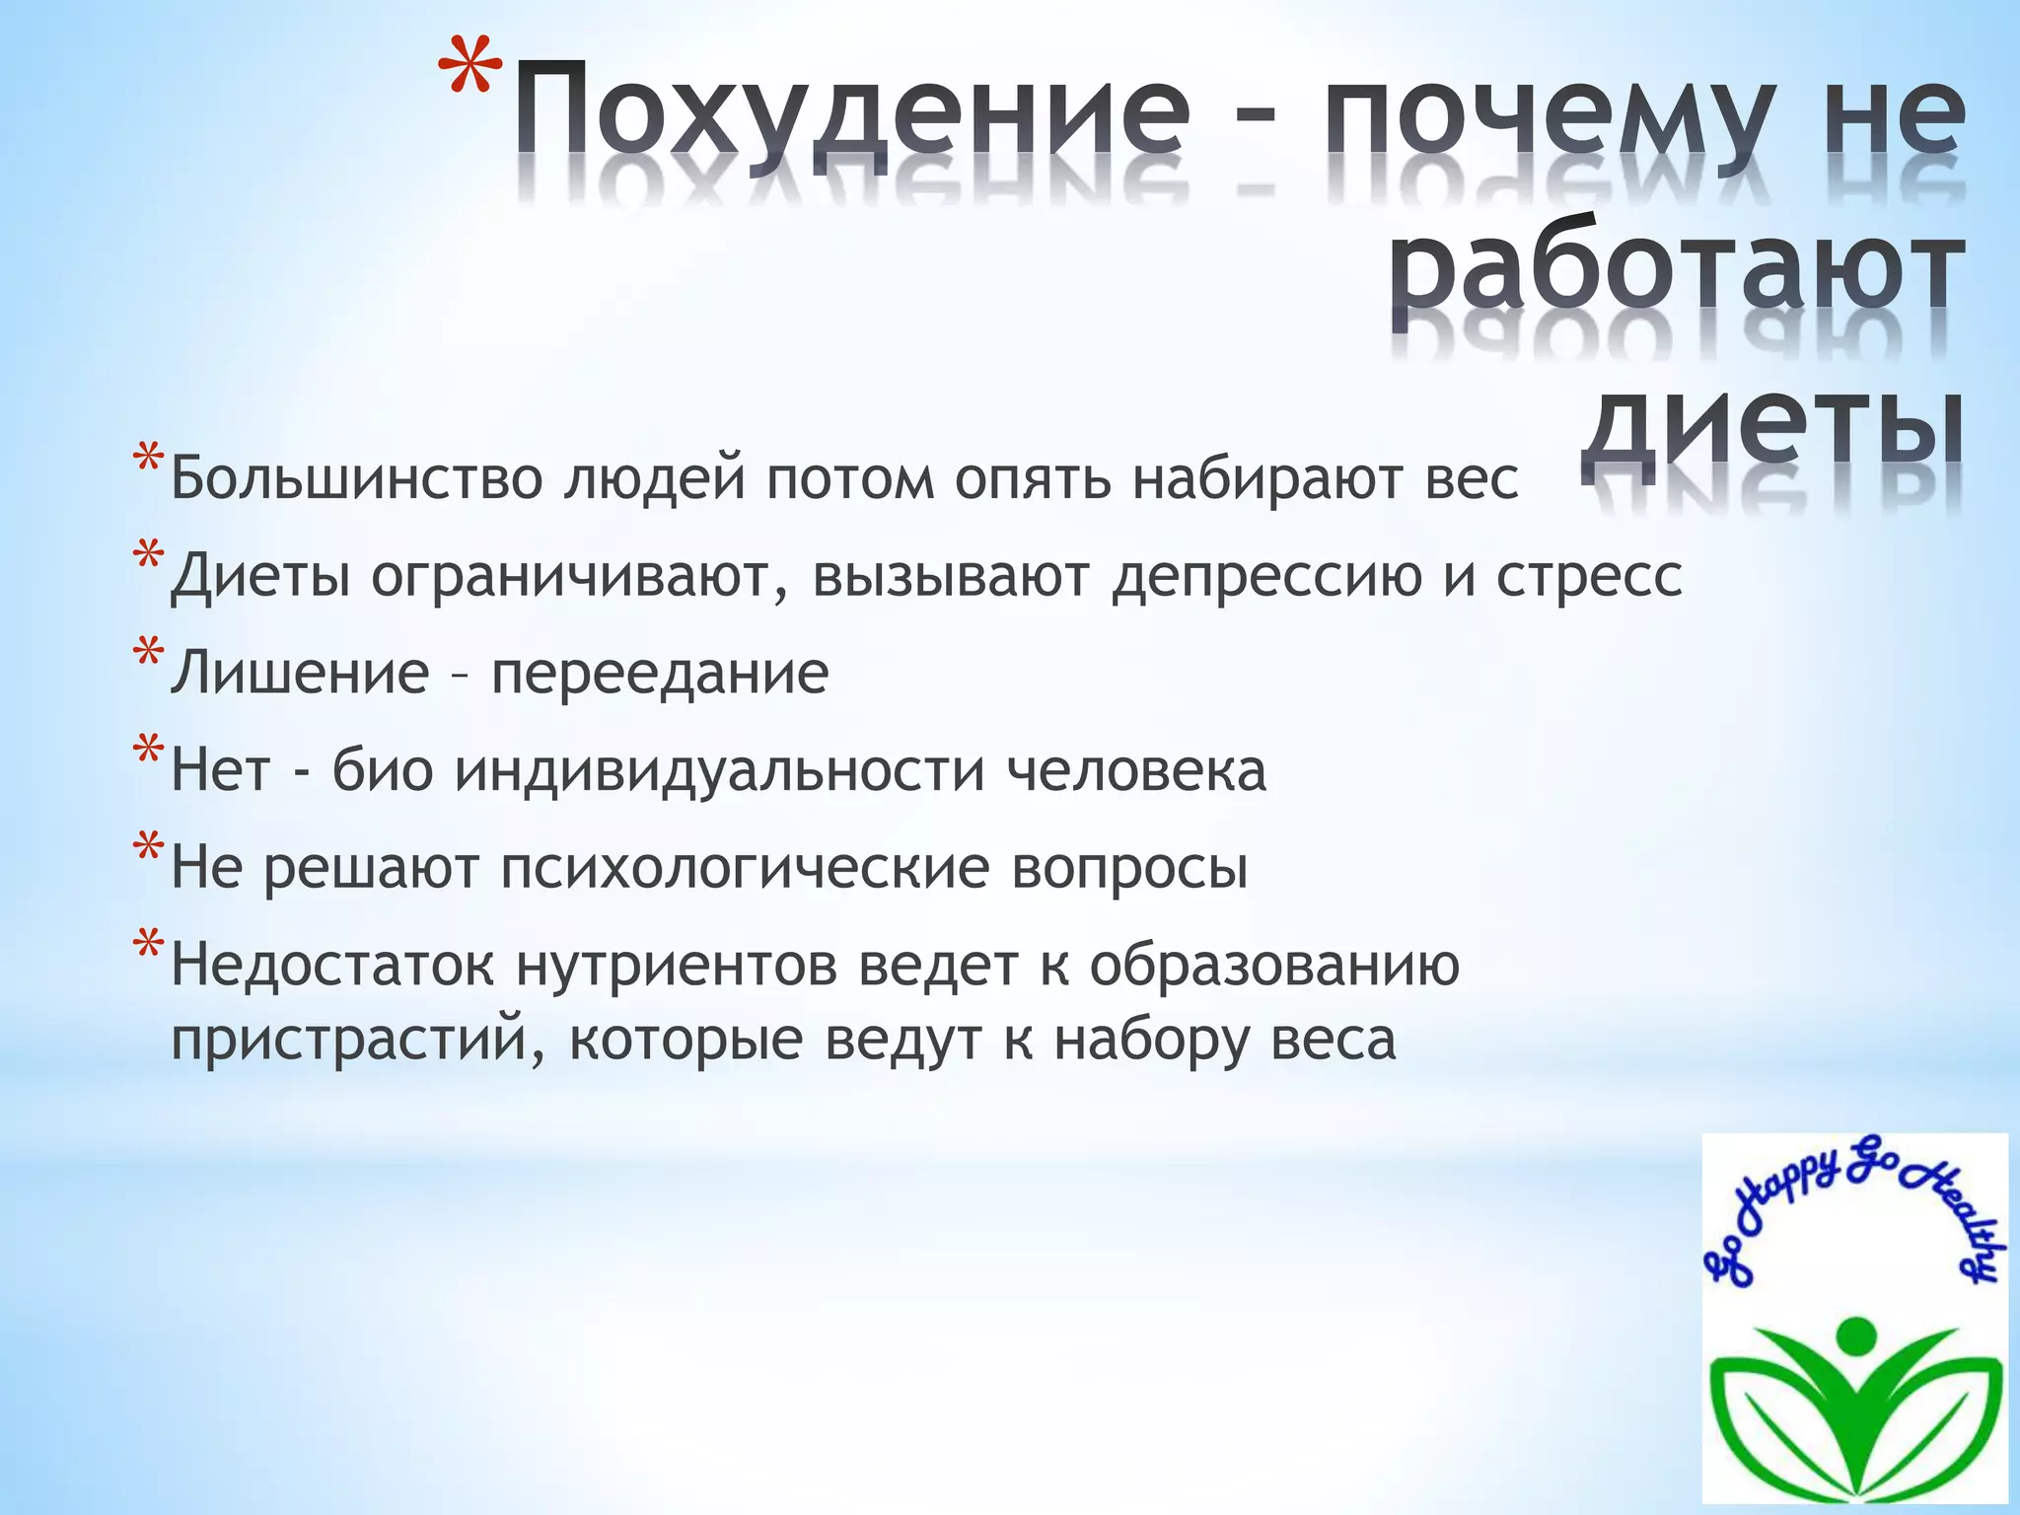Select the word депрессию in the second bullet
click(x=1266, y=577)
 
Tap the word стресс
click(x=1589, y=577)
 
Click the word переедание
click(x=660, y=674)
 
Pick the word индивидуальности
click(x=719, y=770)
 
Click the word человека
click(x=1136, y=770)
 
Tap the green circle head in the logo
click(x=1857, y=1335)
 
